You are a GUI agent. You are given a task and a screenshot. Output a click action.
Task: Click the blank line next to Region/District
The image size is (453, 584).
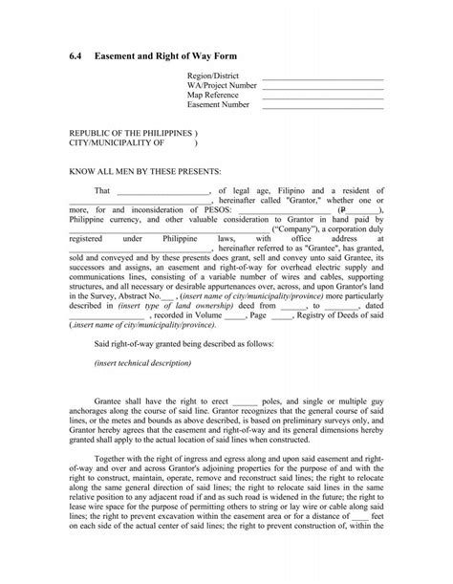coord(322,78)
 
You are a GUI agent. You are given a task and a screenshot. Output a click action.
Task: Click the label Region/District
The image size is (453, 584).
coord(212,76)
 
